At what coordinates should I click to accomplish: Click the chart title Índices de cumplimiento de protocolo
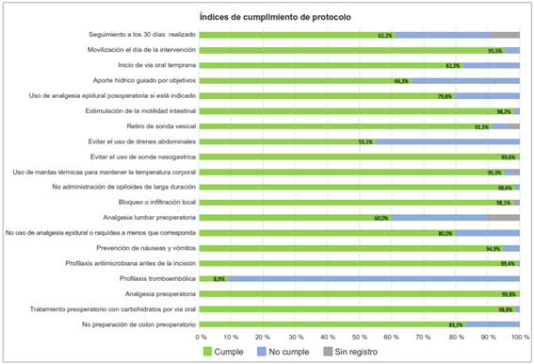tap(267, 17)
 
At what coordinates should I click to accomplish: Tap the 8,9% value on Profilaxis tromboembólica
tap(219, 279)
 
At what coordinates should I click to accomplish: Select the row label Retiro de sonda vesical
tap(161, 126)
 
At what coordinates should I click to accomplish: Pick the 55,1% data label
tap(366, 141)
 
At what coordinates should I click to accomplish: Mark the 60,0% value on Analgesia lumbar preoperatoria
tap(381, 218)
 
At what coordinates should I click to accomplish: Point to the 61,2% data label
tap(385, 35)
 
